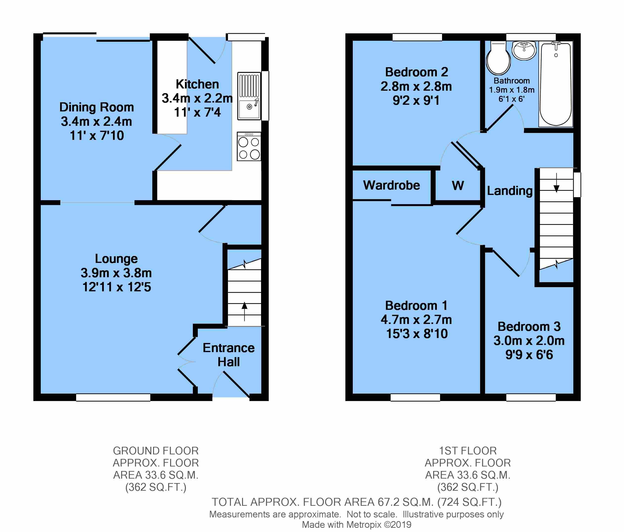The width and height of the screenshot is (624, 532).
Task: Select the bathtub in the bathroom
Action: coord(556,84)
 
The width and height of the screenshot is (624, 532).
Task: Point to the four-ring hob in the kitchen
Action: coord(249,147)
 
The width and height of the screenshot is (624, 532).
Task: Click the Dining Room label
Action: coord(96,107)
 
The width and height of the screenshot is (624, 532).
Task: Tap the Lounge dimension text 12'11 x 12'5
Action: coord(116,287)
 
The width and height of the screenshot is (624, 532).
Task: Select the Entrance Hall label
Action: coord(229,355)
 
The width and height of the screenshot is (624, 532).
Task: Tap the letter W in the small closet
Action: coord(458,186)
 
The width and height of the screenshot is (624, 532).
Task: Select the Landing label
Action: coord(510,191)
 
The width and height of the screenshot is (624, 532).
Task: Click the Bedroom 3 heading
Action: coord(529,326)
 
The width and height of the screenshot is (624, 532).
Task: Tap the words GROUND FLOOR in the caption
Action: coord(156,451)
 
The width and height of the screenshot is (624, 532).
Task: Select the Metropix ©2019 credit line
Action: coord(357,525)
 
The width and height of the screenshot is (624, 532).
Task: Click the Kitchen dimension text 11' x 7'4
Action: coord(197,112)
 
